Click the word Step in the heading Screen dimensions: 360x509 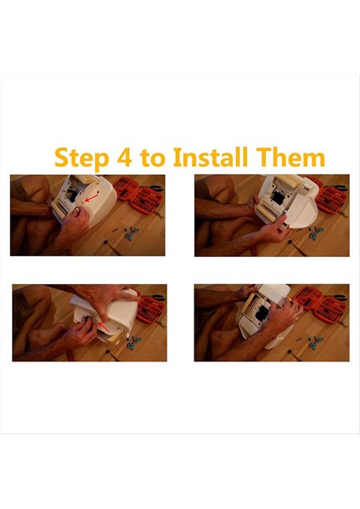82,158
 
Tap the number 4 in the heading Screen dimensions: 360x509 125,158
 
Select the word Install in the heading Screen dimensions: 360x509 210,157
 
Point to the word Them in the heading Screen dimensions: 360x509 289,157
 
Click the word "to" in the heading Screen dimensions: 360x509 153,158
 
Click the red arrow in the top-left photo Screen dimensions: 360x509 92,198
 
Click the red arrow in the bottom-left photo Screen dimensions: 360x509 104,327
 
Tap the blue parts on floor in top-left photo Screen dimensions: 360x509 132,233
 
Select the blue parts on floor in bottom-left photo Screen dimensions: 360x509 133,343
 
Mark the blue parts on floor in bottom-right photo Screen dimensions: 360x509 314,343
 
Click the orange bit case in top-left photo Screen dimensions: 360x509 138,195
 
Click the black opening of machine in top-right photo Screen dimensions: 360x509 278,198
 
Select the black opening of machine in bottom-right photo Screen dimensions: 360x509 262,312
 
